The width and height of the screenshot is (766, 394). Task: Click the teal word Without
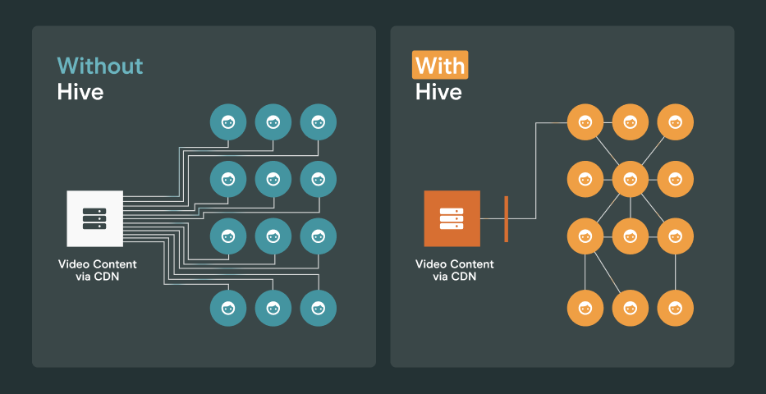[x=99, y=66]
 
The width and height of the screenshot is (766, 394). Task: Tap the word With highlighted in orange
[x=439, y=66]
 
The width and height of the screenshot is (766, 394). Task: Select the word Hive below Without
[x=80, y=91]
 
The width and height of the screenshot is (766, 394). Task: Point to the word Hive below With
[x=438, y=91]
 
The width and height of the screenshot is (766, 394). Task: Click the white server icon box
[x=94, y=218]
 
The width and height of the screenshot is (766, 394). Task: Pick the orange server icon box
[x=452, y=218]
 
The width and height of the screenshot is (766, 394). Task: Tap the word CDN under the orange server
[x=465, y=277]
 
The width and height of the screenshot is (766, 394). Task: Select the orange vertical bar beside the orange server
[x=506, y=218]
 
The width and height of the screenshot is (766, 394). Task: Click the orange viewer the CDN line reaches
[x=585, y=123]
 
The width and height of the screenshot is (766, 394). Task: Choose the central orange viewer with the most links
[x=631, y=179]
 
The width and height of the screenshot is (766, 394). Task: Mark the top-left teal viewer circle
[x=228, y=122]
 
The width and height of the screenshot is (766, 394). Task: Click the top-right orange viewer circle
[x=676, y=123]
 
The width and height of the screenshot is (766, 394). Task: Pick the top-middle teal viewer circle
[x=273, y=122]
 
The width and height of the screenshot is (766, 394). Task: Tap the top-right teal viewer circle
[x=318, y=122]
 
